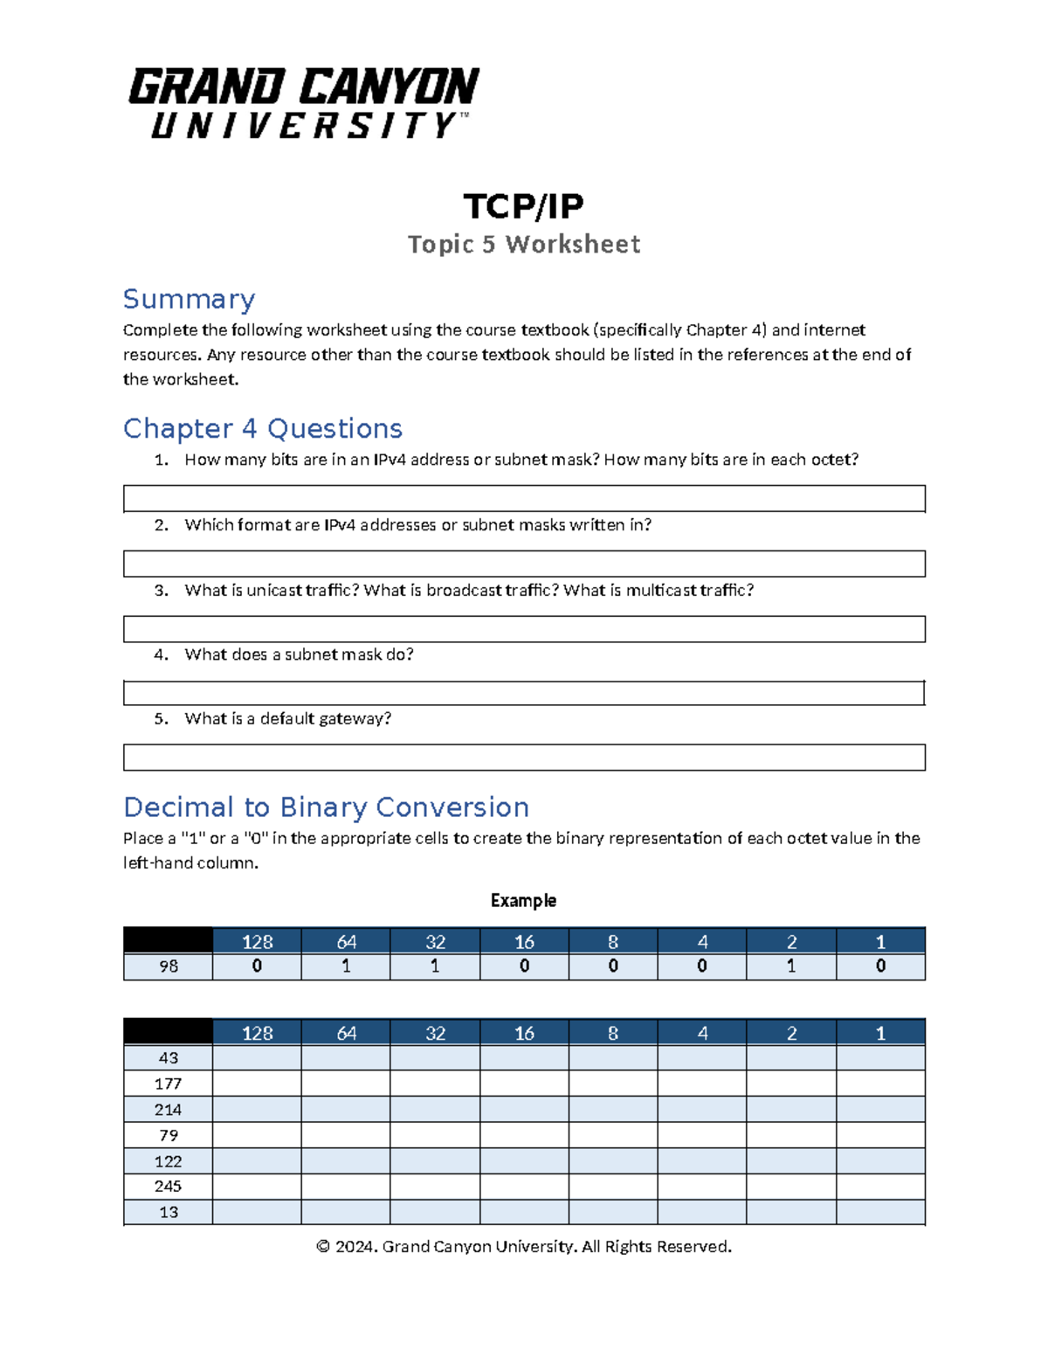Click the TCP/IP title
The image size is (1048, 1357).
pos(523,206)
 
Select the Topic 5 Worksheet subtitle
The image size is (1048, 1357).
pos(523,244)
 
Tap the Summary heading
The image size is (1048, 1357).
pos(189,299)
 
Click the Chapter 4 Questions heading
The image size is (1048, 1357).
pos(262,428)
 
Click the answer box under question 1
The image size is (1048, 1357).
pos(524,498)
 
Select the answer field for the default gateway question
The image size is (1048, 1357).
pos(524,757)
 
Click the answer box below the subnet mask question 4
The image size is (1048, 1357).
pos(524,693)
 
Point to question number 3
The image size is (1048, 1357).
pos(161,591)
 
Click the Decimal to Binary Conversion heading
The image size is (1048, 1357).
pos(326,807)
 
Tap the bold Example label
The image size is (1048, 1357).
pos(523,900)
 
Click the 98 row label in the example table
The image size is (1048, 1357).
pos(169,966)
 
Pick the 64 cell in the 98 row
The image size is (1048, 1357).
pos(346,966)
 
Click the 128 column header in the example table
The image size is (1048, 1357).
pos(257,941)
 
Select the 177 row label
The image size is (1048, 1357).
pos(169,1084)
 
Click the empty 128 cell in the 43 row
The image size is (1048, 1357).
pos(257,1058)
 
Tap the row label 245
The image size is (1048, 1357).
pos(169,1187)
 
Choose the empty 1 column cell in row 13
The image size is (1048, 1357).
pos(880,1212)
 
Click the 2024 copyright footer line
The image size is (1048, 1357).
pos(523,1246)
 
